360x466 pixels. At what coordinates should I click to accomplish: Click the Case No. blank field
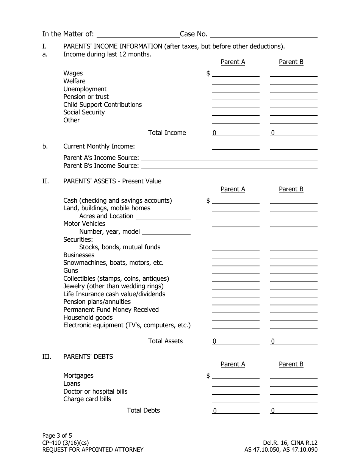263,34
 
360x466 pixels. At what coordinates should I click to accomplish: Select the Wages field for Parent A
235,73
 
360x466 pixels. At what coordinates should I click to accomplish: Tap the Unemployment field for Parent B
293,89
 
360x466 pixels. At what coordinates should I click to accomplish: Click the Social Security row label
84,113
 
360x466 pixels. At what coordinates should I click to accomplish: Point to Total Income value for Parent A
235,133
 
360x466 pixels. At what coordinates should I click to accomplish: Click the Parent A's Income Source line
229,158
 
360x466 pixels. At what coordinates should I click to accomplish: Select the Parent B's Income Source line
229,166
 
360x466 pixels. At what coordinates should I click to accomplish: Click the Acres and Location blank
163,216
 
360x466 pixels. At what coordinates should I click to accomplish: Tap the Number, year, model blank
166,231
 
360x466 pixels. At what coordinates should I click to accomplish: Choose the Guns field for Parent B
293,271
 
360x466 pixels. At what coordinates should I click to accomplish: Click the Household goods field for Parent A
235,317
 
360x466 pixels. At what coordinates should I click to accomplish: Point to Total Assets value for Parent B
293,341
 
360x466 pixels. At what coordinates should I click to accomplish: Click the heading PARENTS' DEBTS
88,357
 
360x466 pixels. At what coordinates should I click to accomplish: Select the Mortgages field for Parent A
235,375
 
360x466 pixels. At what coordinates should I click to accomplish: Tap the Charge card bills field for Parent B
293,399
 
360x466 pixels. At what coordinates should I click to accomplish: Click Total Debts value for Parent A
235,411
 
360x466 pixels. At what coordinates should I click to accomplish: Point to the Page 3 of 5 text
57,435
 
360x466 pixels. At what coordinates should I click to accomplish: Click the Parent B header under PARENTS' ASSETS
291,189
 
